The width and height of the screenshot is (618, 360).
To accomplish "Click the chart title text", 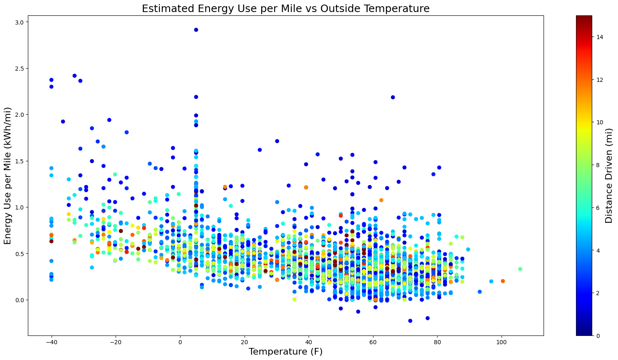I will (286, 8).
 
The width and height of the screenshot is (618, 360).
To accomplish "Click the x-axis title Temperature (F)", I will (286, 351).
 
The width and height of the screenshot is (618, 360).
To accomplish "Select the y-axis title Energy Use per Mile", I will (8, 175).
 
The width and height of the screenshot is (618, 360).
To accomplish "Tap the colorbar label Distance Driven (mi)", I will (609, 175).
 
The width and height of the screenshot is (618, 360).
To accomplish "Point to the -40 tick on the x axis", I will (52, 342).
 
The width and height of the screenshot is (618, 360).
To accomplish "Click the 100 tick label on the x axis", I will (502, 342).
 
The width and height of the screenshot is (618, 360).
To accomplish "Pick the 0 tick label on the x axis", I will (180, 342).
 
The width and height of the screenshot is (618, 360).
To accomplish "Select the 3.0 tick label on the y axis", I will (20, 22).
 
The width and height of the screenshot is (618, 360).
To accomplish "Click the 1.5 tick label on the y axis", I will (20, 161).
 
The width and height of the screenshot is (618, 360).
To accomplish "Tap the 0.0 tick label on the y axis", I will (20, 300).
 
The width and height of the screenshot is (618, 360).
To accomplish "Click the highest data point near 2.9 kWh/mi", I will (196, 30).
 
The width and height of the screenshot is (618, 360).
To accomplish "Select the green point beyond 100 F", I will (520, 269).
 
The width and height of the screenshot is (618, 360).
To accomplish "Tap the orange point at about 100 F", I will (503, 281).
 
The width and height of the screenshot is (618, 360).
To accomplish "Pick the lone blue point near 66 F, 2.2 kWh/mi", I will (393, 97).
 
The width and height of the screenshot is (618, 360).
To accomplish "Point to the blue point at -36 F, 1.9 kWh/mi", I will (63, 121).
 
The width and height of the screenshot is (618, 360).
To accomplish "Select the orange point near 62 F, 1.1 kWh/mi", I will (381, 200).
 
